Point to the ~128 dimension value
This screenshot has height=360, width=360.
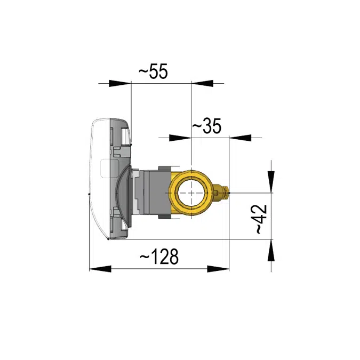point(159,257)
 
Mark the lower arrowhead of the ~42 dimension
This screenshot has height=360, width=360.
point(271,250)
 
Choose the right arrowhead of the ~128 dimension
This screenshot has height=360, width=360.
point(218,268)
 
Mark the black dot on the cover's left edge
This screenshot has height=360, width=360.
point(89,194)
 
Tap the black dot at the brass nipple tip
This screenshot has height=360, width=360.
point(229,189)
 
